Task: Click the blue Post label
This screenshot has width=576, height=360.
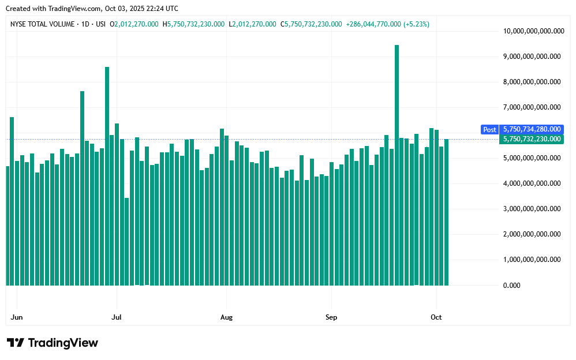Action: pyautogui.click(x=489, y=130)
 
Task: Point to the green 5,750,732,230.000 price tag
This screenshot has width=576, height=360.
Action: pyautogui.click(x=531, y=139)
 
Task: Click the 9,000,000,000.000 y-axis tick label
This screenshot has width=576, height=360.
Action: pyautogui.click(x=532, y=57)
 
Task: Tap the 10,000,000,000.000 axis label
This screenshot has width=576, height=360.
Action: pyautogui.click(x=532, y=31)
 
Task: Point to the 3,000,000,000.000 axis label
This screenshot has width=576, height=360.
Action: pyautogui.click(x=532, y=209)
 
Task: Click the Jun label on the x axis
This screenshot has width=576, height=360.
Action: pyautogui.click(x=17, y=317)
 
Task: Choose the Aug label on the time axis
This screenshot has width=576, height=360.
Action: pyautogui.click(x=226, y=317)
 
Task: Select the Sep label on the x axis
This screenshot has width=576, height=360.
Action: pyautogui.click(x=331, y=317)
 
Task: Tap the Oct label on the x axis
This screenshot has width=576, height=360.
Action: pyautogui.click(x=436, y=317)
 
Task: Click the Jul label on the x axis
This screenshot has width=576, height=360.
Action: pyautogui.click(x=117, y=317)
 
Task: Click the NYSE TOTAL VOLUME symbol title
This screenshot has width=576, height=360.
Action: pyautogui.click(x=43, y=24)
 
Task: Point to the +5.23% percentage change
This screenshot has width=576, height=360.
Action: pyautogui.click(x=416, y=24)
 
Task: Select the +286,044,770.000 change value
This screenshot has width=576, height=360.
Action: pyautogui.click(x=373, y=24)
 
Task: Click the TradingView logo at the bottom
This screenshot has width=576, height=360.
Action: pyautogui.click(x=53, y=343)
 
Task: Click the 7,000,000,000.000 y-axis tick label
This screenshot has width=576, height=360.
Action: pyautogui.click(x=532, y=107)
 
